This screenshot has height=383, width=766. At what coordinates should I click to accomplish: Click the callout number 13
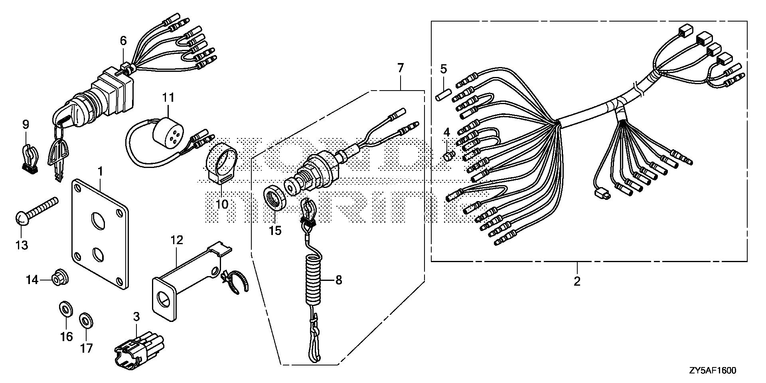pyautogui.click(x=22, y=244)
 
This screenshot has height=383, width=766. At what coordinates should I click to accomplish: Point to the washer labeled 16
pyautogui.click(x=65, y=308)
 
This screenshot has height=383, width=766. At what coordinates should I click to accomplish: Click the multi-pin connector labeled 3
pyautogui.click(x=138, y=351)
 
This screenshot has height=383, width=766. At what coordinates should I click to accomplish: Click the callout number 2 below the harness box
pyautogui.click(x=577, y=281)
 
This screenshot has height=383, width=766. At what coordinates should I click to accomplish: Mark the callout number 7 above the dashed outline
pyautogui.click(x=401, y=68)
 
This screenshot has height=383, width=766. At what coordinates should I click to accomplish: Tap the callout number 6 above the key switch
pyautogui.click(x=123, y=40)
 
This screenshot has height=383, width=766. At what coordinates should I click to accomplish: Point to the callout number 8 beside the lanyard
pyautogui.click(x=338, y=280)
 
